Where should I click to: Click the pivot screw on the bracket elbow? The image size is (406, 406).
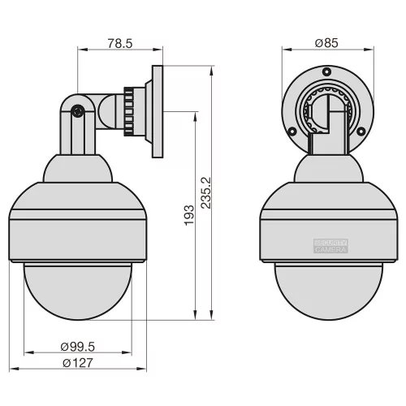(x=77, y=112)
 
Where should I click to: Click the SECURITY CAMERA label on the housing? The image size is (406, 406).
(x=330, y=247)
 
